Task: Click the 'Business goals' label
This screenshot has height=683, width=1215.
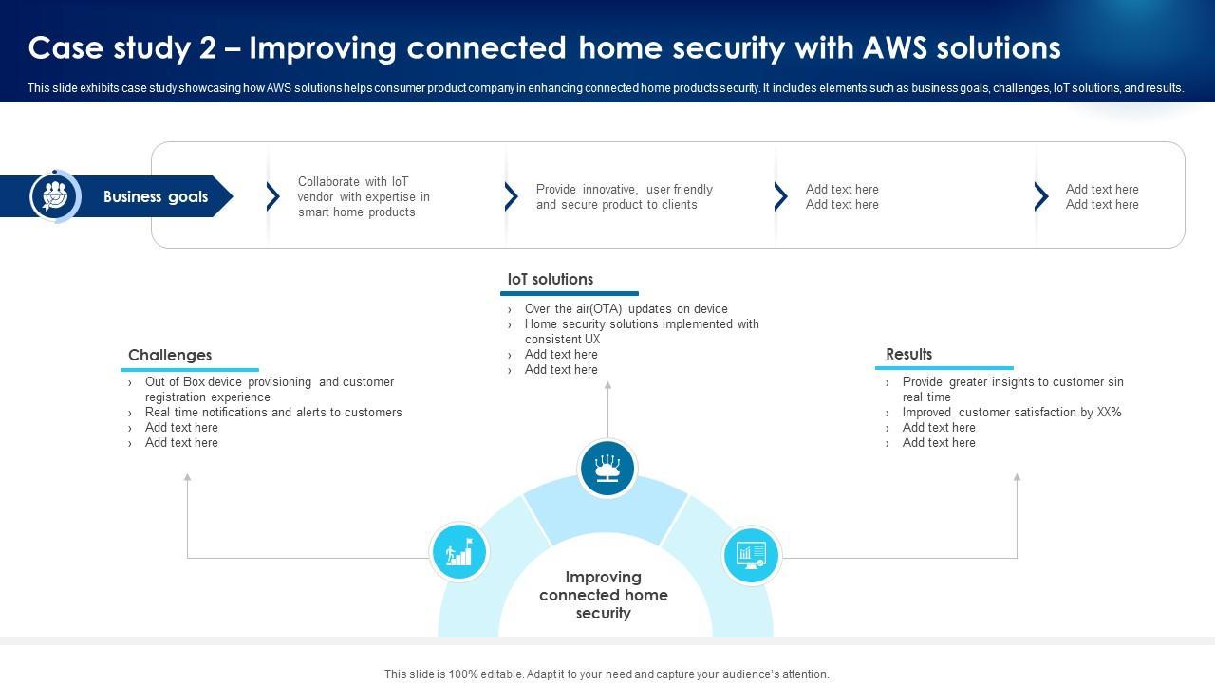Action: [156, 196]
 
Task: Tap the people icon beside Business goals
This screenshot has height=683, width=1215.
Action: [55, 196]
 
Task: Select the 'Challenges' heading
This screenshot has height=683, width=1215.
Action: [170, 355]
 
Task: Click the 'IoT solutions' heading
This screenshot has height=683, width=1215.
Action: [550, 279]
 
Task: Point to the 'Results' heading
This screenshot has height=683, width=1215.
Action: [909, 354]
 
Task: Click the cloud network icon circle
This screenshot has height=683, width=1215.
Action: [607, 469]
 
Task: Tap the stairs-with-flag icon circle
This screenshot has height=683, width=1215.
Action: [459, 552]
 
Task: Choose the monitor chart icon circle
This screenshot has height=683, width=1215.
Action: [751, 555]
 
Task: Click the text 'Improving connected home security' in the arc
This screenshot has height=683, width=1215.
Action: [603, 595]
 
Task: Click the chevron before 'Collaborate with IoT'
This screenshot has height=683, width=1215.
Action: [273, 196]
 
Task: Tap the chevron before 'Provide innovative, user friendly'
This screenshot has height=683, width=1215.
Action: [512, 196]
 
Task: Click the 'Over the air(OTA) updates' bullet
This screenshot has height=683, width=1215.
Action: [626, 309]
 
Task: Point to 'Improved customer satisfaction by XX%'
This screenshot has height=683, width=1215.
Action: [1012, 413]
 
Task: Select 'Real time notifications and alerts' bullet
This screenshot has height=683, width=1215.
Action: [273, 413]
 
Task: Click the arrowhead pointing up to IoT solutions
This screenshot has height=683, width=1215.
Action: [608, 385]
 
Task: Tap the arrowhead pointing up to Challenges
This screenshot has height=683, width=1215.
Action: [187, 477]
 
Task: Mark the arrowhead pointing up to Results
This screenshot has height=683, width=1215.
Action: [1017, 477]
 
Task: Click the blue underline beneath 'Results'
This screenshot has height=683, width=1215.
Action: [944, 368]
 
